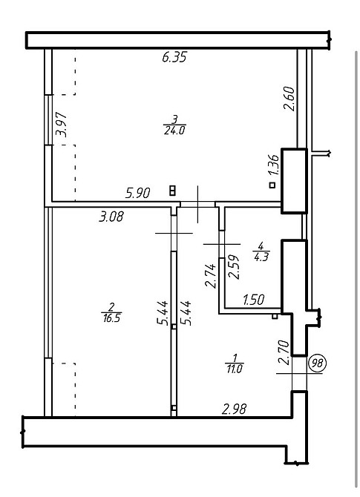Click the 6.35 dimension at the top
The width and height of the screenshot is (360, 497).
[x=174, y=58]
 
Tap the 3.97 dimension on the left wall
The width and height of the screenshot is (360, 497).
[x=62, y=125]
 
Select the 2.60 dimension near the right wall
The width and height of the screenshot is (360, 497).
[x=289, y=99]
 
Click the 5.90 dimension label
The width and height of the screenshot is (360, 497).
[x=137, y=193]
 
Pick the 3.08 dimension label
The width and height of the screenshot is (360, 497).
[x=111, y=217]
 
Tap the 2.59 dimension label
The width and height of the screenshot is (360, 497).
[x=234, y=267]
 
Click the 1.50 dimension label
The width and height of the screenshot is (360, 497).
[x=253, y=300]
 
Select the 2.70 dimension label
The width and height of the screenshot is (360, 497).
[x=284, y=352]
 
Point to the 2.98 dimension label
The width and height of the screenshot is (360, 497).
[x=234, y=409]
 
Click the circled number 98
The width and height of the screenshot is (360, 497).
[x=317, y=363]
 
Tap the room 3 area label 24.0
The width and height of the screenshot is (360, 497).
[x=174, y=131]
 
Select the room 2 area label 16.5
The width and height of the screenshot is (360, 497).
[x=112, y=318]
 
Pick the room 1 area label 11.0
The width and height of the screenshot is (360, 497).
[x=235, y=369]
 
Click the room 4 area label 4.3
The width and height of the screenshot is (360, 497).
[x=261, y=257]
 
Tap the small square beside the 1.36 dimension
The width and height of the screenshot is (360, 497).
[x=272, y=185]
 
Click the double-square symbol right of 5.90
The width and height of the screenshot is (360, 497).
[x=173, y=191]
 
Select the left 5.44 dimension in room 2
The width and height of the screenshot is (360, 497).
[x=163, y=313]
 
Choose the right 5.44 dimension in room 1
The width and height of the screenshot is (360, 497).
[x=186, y=313]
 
